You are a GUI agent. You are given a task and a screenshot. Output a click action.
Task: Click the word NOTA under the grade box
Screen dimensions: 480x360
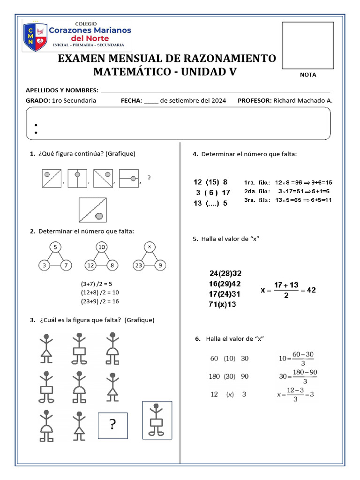[x=308, y=75]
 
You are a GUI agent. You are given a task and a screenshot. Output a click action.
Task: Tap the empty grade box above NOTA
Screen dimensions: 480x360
[x=307, y=45]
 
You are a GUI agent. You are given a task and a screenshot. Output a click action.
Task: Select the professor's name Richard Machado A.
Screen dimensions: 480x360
[x=303, y=100]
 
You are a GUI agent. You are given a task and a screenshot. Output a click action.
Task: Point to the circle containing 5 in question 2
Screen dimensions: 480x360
[x=55, y=247]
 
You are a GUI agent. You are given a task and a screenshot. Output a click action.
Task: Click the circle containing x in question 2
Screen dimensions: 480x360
[x=149, y=247]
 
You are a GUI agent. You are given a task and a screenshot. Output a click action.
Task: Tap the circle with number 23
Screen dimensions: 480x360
[x=139, y=266]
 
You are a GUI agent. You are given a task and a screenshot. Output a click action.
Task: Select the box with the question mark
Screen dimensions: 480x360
[x=112, y=425]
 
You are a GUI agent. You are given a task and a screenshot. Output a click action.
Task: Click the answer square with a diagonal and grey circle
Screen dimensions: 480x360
[x=94, y=210]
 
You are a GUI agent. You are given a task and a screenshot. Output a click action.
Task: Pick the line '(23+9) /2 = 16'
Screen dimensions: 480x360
[x=100, y=301]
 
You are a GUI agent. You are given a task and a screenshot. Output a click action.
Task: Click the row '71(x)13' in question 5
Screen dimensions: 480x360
[x=222, y=304]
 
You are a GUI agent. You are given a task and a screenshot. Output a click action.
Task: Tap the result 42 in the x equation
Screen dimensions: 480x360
[x=311, y=290]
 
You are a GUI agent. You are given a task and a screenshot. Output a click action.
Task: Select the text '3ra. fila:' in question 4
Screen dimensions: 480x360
[x=257, y=200]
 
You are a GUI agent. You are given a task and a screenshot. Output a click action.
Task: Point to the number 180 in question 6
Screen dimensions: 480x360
[x=215, y=376]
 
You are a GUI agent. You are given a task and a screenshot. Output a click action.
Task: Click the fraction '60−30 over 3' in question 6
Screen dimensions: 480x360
[x=302, y=359]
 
